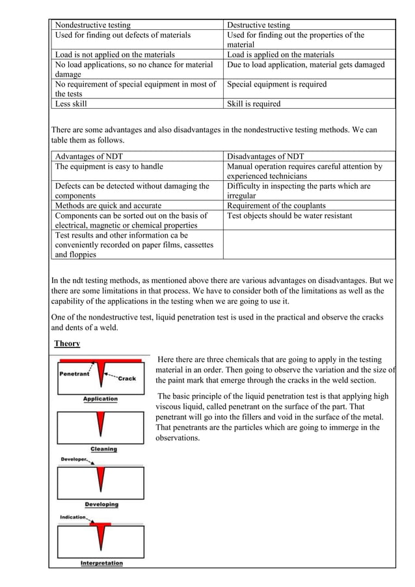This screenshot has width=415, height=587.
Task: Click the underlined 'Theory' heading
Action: coord(67,343)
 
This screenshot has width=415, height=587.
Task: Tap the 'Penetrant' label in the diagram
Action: coord(75,374)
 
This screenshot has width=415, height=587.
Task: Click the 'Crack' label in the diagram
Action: coord(127,378)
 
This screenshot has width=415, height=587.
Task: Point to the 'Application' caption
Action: coord(100,399)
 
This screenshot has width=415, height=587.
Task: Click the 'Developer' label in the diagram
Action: coord(75,459)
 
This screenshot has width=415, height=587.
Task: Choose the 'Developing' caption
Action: coord(101,504)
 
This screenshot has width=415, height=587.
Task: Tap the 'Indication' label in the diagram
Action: coord(74,517)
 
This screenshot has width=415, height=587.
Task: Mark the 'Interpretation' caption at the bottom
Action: coord(101,563)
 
